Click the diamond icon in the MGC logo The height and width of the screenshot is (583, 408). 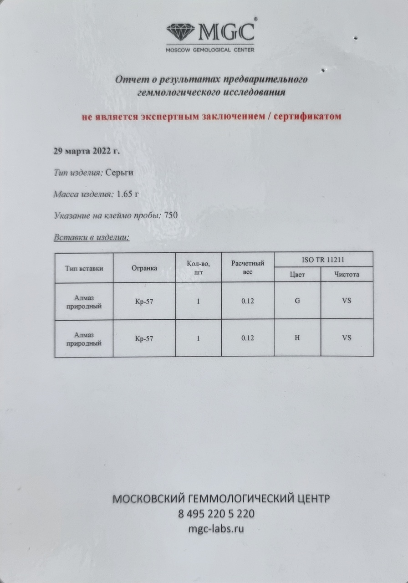point(181,32)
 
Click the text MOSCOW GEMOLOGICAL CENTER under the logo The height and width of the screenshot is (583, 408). point(210,49)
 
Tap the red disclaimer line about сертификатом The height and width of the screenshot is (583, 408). point(211,117)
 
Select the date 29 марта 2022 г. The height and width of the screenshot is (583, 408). point(87,152)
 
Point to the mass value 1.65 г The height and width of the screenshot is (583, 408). point(127,194)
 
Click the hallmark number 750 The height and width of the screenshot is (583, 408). point(171,215)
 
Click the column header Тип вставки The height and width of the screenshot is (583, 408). point(84,268)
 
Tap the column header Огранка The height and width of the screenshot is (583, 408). point(144,268)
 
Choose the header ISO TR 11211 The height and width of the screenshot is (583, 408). point(323,260)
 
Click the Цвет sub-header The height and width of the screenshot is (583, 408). point(297,275)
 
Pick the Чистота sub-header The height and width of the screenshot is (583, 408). point(347,275)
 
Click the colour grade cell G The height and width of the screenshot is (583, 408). point(297,301)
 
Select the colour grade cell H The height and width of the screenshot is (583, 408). point(297,338)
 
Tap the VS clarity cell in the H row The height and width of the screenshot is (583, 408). point(347,338)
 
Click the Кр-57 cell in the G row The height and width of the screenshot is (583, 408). point(144,301)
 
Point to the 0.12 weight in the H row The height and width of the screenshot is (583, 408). point(248,338)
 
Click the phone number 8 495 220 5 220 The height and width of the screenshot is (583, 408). point(216,514)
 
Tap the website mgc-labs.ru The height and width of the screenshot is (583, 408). point(216,529)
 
